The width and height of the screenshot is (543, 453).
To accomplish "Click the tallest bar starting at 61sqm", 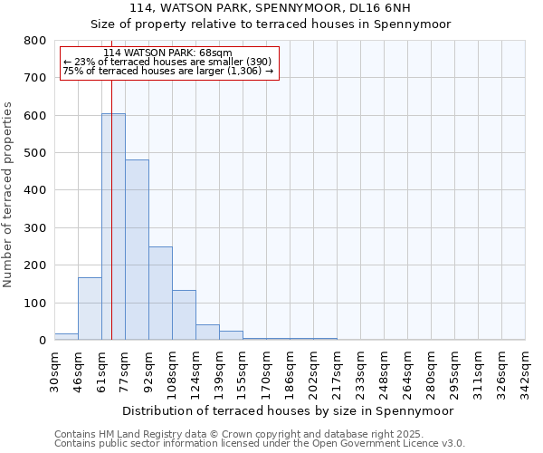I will point(113,226).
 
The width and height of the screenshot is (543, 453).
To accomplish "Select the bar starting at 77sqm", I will point(137,250).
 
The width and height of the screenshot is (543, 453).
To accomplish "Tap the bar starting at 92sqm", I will point(160,294).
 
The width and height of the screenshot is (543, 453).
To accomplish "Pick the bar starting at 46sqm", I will point(90,309).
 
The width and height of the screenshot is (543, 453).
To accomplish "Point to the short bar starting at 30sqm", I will point(66,336).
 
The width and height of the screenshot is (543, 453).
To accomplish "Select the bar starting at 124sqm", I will point(207,332).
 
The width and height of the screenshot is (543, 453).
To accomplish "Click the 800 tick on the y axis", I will point(35,41).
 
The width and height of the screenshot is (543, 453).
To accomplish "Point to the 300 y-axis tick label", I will point(35,228).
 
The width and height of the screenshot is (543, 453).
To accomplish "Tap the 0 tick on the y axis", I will point(42,341).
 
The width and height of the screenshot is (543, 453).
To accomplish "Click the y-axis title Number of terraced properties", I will point(9,194).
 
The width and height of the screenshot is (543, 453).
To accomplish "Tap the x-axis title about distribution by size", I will point(287,410).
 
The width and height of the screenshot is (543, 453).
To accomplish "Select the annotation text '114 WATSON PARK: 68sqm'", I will point(167,53).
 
